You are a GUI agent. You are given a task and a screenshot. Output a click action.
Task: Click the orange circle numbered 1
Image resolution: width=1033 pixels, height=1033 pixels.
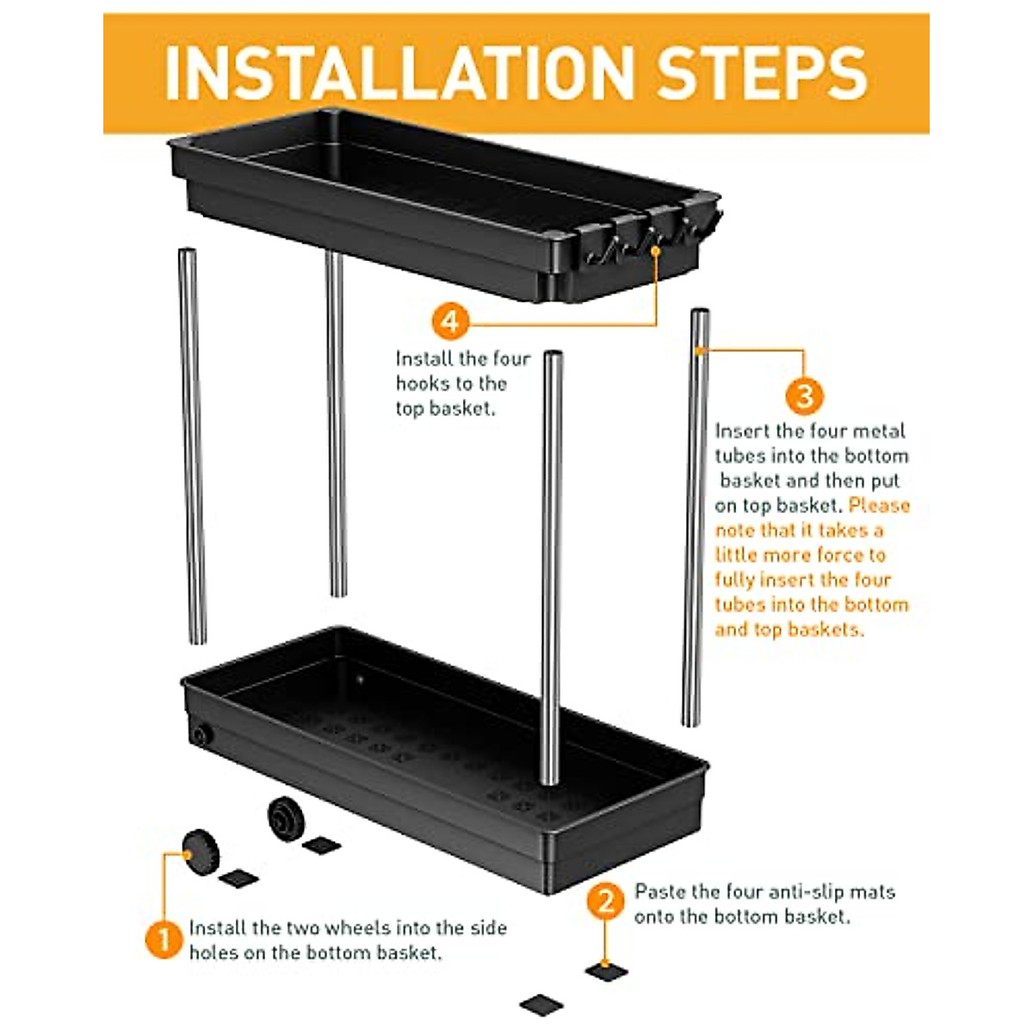(x=164, y=940)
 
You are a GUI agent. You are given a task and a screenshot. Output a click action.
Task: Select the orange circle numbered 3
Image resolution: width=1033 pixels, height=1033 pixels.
(x=804, y=397)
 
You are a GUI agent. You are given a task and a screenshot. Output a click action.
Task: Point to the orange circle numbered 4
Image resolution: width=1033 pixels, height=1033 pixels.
(x=450, y=322)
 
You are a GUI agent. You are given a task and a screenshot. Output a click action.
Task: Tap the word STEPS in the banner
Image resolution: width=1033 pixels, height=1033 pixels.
(x=764, y=73)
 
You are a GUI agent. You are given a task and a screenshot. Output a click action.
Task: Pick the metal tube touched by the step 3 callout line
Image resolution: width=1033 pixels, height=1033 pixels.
(x=696, y=517)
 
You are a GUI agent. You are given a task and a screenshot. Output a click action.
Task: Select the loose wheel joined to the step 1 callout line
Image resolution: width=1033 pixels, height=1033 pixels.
(x=201, y=852)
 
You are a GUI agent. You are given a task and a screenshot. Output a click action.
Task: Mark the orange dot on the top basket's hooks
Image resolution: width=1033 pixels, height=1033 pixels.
(x=655, y=250)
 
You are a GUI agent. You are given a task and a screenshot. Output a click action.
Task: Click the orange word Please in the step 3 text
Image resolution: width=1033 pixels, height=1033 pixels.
(x=879, y=505)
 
